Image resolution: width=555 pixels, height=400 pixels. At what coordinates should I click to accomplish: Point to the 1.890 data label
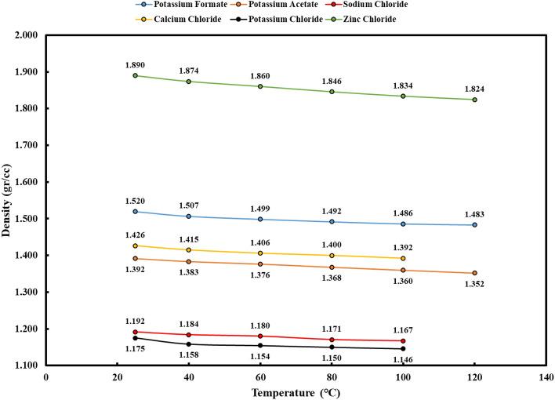tap(135, 65)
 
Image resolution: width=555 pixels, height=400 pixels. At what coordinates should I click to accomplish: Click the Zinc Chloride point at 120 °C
tap(474, 100)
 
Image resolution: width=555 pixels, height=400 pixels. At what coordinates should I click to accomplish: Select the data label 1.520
tap(135, 201)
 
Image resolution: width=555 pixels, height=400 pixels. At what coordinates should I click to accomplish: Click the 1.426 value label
tap(135, 235)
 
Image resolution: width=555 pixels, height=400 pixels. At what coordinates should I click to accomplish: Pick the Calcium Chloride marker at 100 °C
tap(403, 258)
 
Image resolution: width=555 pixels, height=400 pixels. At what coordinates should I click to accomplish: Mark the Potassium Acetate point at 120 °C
tap(474, 273)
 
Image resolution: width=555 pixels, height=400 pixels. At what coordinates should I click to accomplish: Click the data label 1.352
tap(474, 284)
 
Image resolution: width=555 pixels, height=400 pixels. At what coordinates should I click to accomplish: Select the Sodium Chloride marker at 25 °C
tap(135, 332)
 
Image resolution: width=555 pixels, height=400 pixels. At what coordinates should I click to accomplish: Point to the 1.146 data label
tap(403, 359)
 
